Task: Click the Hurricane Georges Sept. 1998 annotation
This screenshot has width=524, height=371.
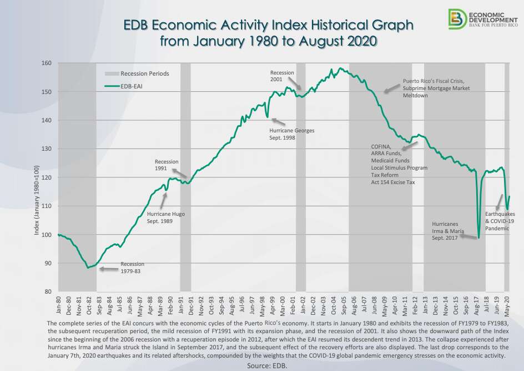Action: click(x=292, y=134)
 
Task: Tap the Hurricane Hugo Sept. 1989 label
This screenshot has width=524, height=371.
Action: click(x=165, y=217)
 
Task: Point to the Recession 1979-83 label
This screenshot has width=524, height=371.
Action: click(x=132, y=268)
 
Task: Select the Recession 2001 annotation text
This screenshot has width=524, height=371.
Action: click(x=282, y=76)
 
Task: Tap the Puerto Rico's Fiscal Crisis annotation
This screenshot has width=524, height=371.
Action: click(x=436, y=88)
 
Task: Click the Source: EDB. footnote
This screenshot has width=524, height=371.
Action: click(x=268, y=365)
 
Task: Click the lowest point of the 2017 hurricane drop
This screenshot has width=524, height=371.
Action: click(x=478, y=238)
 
